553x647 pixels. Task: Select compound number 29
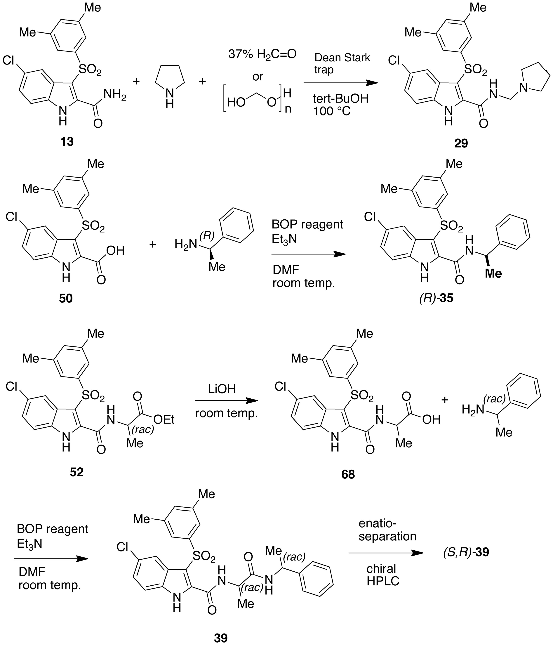click(x=461, y=143)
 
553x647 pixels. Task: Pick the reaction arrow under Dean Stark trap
click(x=341, y=83)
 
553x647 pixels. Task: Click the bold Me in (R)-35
click(x=493, y=274)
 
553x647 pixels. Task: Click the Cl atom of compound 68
click(x=280, y=387)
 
